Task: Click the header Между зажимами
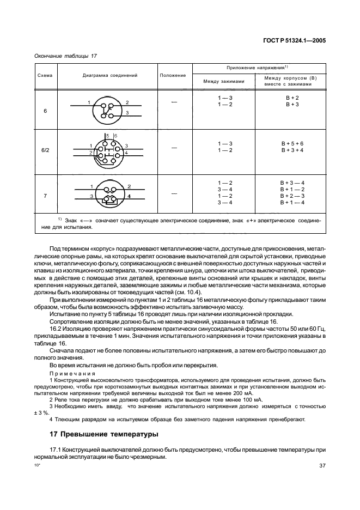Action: tap(224, 81)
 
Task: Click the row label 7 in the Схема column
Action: tap(45, 194)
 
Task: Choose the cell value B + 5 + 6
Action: tap(292, 144)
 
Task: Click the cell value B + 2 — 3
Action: tap(292, 196)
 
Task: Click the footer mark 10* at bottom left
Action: tap(38, 465)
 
